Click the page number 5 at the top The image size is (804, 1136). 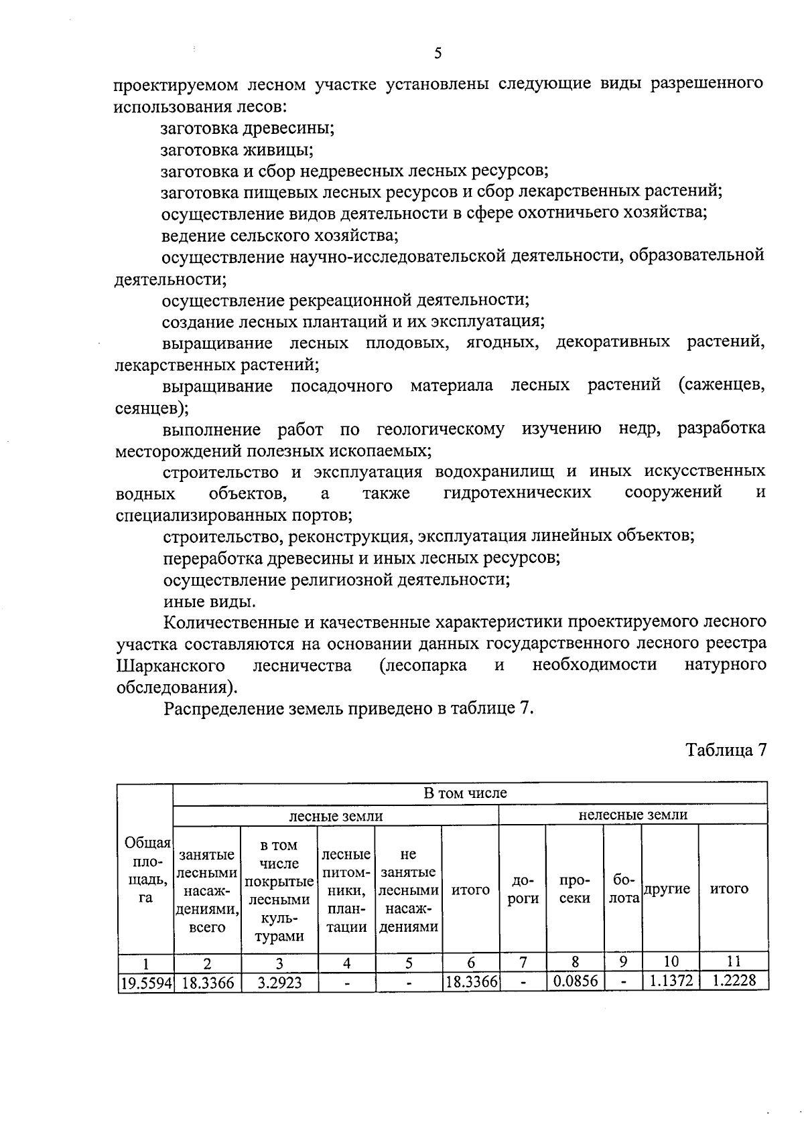(438, 54)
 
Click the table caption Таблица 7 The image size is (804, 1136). (725, 750)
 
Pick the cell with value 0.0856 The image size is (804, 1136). (574, 983)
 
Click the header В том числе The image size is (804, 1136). (465, 793)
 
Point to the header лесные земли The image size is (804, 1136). (336, 815)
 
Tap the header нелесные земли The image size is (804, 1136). (632, 815)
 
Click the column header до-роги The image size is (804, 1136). (523, 890)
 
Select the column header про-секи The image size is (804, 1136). (574, 890)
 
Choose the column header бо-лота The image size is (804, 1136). (623, 890)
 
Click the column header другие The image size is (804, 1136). (667, 890)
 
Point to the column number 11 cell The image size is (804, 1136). (733, 962)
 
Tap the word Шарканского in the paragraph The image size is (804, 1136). (170, 666)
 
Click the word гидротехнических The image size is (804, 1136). (517, 493)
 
